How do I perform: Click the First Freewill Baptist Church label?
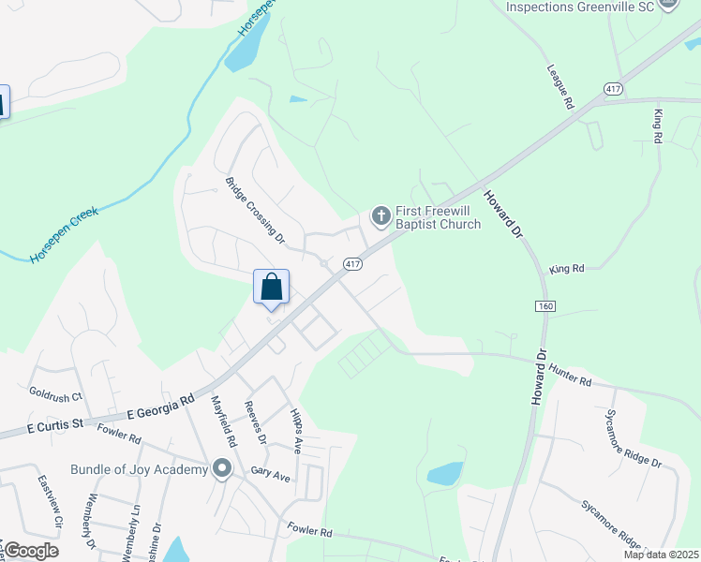click(438, 217)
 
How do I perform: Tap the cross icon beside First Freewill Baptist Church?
click(380, 217)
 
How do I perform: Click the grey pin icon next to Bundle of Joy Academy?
click(222, 467)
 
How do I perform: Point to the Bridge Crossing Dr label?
click(254, 211)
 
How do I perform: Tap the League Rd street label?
click(559, 88)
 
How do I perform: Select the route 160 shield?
click(545, 306)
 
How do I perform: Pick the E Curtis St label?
click(56, 426)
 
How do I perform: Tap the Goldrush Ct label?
click(56, 393)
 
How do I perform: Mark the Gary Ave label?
click(271, 474)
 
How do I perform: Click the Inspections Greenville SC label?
click(578, 7)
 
